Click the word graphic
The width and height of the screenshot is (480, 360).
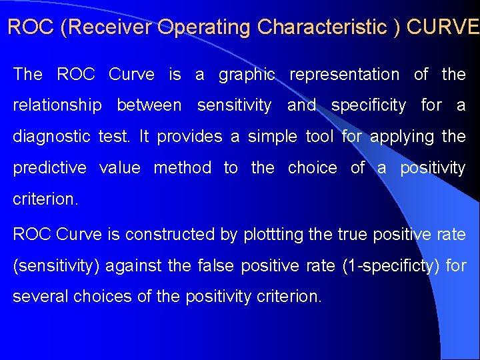[247, 75]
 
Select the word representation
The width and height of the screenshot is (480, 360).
[344, 75]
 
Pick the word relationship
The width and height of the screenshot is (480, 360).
[58, 105]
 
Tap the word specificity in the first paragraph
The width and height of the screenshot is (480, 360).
[368, 105]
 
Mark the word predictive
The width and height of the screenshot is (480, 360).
[49, 168]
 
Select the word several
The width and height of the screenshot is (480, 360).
[38, 296]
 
